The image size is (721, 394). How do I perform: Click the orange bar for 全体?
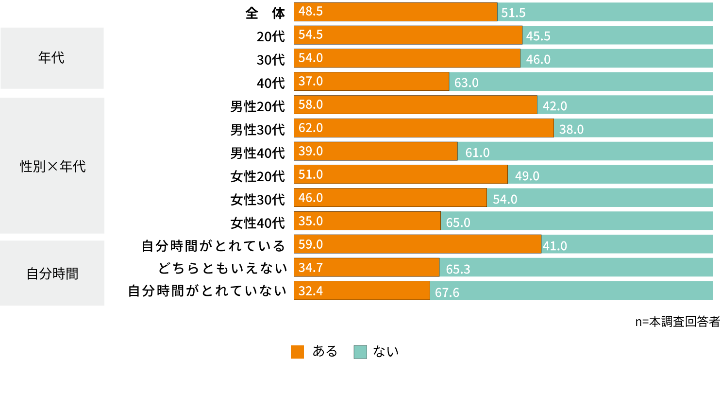tap(395, 12)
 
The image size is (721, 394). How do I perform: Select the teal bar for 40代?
tap(581, 82)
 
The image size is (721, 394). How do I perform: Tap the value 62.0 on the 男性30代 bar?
tap(311, 128)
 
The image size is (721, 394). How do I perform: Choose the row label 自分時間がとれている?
tap(213, 245)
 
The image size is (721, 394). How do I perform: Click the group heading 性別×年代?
tap(52, 166)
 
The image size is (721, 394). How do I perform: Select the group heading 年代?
tap(51, 58)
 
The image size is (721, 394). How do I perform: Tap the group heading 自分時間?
tap(52, 274)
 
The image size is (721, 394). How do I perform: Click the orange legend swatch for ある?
tap(297, 352)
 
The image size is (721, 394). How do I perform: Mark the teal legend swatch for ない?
tap(360, 352)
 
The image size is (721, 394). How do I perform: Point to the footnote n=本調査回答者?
tap(677, 322)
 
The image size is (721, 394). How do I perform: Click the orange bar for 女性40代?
tap(367, 221)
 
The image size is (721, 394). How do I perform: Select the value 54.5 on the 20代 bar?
tap(311, 35)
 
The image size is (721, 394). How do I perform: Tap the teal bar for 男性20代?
tap(625, 105)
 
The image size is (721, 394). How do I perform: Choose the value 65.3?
tap(458, 269)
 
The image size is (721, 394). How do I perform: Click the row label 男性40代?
tap(257, 152)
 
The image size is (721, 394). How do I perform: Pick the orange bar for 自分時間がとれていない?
tap(362, 291)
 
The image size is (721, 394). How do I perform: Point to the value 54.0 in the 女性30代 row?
tap(504, 199)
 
